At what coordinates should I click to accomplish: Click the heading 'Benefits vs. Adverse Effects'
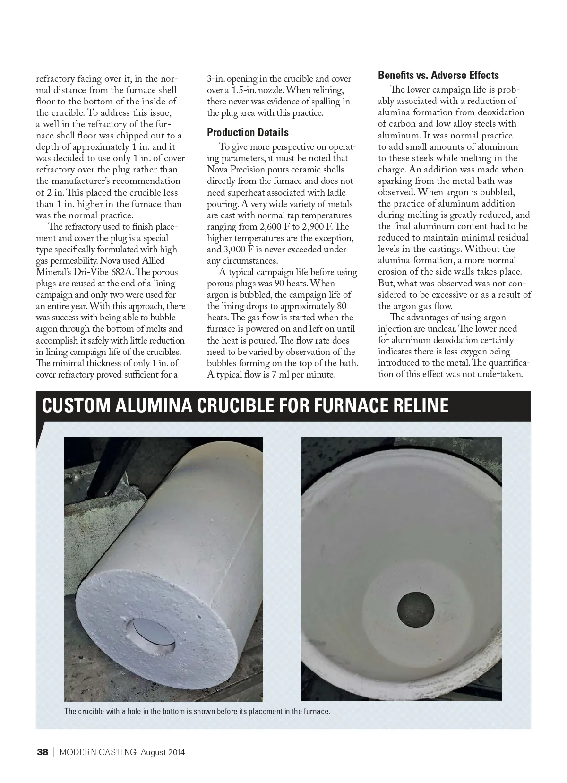click(x=438, y=75)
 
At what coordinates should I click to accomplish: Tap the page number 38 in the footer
click(x=43, y=752)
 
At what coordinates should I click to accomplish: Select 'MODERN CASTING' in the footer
click(x=98, y=752)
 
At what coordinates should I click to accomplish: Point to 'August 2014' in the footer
click(x=162, y=752)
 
